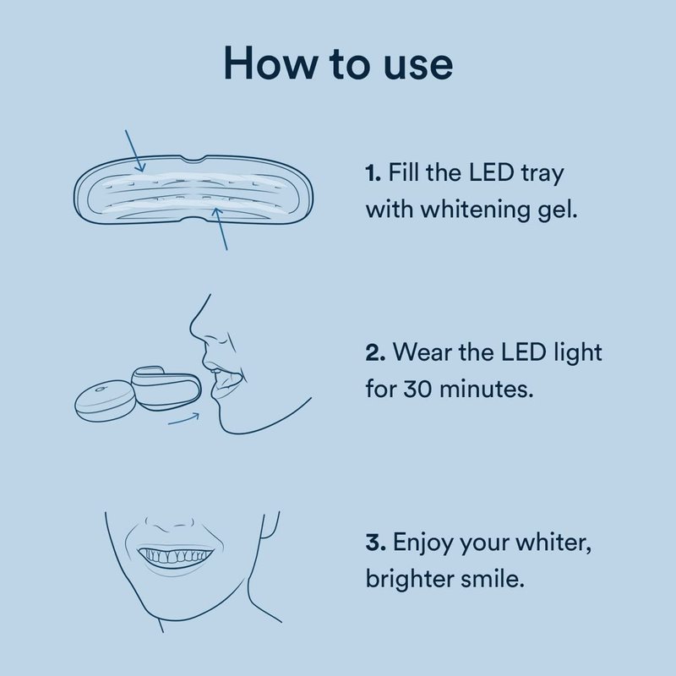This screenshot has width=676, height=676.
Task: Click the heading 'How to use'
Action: tap(339, 64)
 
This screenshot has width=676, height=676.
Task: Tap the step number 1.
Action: tap(373, 173)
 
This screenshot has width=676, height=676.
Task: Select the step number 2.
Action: tap(375, 352)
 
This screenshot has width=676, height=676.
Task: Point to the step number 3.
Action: tap(375, 542)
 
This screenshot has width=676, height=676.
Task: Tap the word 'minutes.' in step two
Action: tap(486, 389)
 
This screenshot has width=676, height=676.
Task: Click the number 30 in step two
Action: tap(417, 389)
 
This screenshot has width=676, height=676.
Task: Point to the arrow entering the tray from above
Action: tap(135, 150)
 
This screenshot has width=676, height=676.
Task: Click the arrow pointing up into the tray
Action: tap(221, 228)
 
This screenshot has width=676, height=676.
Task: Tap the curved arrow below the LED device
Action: tap(184, 419)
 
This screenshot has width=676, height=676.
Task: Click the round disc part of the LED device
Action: tap(103, 400)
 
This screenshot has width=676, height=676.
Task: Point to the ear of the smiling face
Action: tap(270, 525)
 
